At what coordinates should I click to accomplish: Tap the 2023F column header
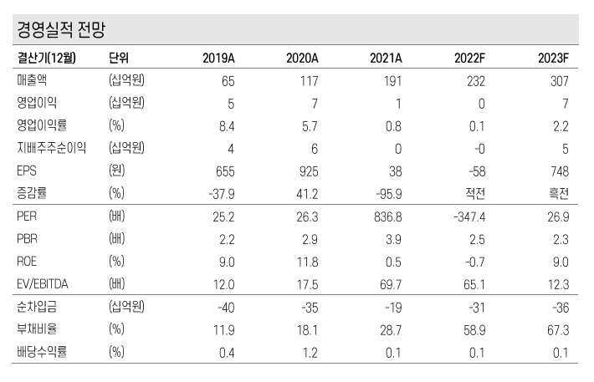tap(553, 58)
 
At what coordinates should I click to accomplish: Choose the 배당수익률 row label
tap(42, 352)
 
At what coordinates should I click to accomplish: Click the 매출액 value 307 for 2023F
tap(559, 81)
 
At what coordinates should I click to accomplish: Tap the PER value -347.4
tap(468, 216)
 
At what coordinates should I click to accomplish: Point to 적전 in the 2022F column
tap(474, 194)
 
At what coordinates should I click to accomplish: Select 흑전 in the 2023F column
tap(558, 194)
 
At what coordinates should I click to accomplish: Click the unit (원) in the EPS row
tap(118, 171)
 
